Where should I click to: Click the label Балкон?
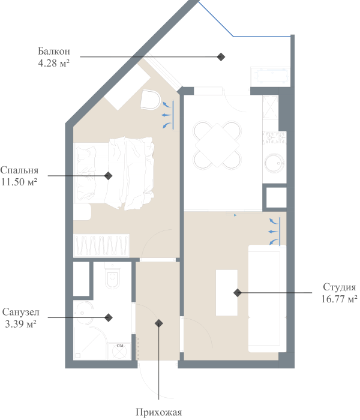[53, 51]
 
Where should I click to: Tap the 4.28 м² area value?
[53, 62]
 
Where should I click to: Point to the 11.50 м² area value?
[20, 181]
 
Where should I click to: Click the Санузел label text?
[21, 313]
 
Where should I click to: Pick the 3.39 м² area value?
[21, 324]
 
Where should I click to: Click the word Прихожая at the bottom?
[158, 412]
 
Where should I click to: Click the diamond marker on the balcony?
[221, 56]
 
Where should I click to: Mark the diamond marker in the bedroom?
[108, 176]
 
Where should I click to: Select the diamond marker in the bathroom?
[109, 317]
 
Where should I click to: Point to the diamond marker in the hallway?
[159, 323]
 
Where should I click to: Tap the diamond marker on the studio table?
[238, 293]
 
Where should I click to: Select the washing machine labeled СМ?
[119, 351]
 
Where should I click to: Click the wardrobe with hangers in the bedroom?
[101, 245]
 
